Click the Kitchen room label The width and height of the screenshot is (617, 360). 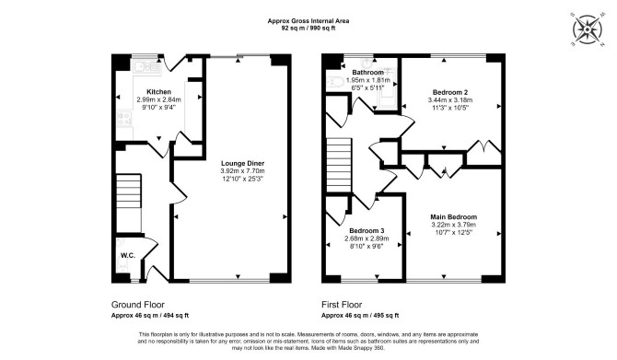click(x=159, y=92)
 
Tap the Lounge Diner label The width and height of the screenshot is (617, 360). click(x=243, y=163)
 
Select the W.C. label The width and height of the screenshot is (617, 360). click(x=128, y=255)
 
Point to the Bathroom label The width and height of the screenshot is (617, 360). click(x=368, y=73)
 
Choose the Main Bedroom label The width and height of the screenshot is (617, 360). click(x=454, y=216)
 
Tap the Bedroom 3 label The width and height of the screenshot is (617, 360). click(x=367, y=230)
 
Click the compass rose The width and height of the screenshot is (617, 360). click(x=588, y=29)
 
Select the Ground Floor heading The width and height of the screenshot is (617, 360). click(x=138, y=305)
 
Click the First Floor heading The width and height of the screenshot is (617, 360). click(x=342, y=305)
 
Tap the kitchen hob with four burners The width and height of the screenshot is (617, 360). click(x=125, y=119)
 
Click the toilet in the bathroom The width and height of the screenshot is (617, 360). click(x=334, y=81)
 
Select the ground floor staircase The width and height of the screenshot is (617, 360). click(x=129, y=203)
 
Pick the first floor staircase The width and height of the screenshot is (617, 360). click(x=339, y=165)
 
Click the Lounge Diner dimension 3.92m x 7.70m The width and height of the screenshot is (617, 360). click(x=243, y=171)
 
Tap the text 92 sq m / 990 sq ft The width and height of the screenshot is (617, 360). click(x=308, y=28)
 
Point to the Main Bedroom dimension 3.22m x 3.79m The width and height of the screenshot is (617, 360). click(x=454, y=225)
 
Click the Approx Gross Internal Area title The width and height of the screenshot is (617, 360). click(x=308, y=21)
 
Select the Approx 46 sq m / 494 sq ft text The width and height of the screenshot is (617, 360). click(x=150, y=315)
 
